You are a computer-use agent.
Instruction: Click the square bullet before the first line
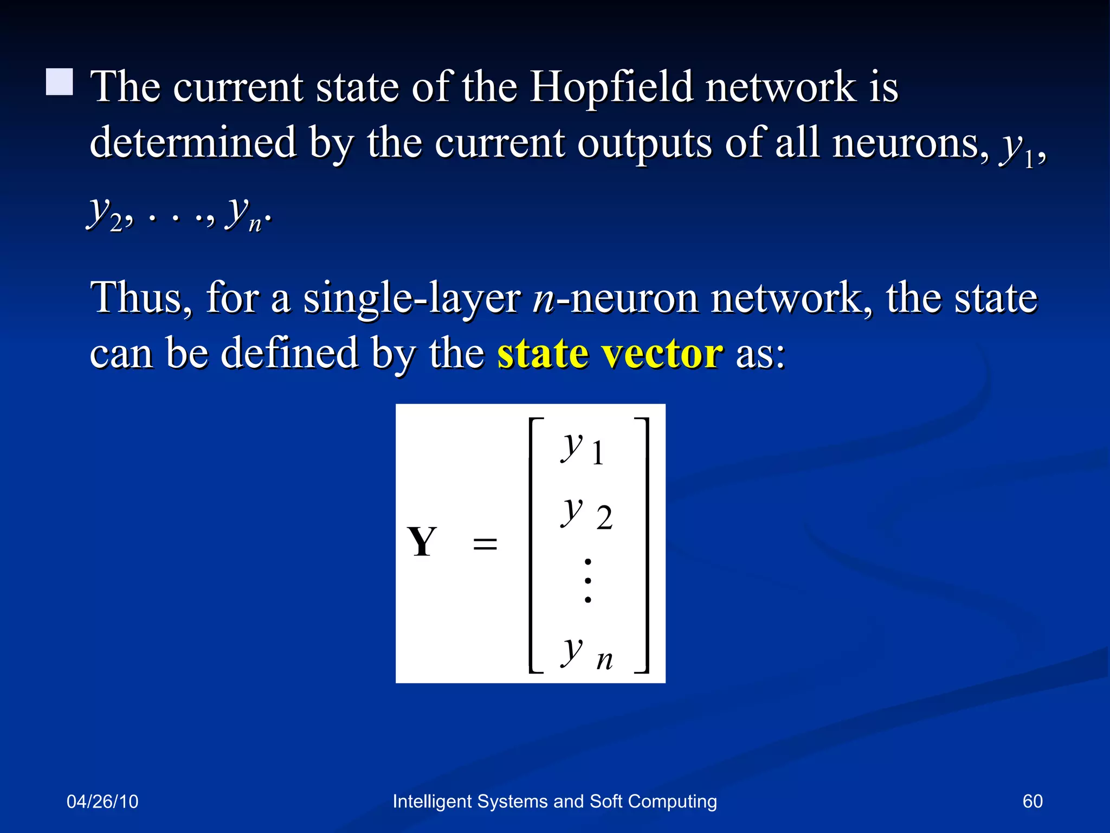pyautogui.click(x=60, y=82)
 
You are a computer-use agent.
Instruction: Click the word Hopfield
pyautogui.click(x=611, y=87)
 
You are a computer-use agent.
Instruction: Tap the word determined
pyautogui.click(x=193, y=142)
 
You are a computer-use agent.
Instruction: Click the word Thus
pyautogui.click(x=141, y=298)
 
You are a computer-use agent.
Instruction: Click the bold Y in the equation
pyautogui.click(x=422, y=542)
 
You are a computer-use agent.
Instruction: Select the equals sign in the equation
pyautogui.click(x=485, y=543)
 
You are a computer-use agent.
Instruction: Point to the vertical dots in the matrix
pyautogui.click(x=588, y=581)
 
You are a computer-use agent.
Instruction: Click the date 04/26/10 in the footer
pyautogui.click(x=102, y=802)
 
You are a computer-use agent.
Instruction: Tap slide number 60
pyautogui.click(x=1032, y=801)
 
